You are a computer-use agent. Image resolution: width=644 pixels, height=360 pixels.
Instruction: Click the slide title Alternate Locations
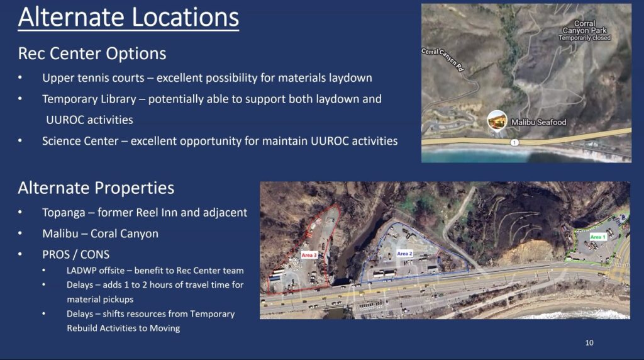128,17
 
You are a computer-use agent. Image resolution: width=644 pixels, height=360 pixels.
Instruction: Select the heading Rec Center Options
92,53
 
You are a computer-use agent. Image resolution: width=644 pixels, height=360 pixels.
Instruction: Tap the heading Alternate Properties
96,188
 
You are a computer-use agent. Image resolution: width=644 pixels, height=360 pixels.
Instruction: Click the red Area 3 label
309,255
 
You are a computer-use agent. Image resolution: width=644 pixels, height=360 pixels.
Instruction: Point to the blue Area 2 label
404,254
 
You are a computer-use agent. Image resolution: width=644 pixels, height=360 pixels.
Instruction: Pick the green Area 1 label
597,237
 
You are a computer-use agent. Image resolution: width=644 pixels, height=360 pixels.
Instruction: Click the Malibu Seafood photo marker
497,120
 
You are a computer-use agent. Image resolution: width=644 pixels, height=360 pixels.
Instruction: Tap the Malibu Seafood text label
538,122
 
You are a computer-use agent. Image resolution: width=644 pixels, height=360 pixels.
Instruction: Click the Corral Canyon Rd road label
443,60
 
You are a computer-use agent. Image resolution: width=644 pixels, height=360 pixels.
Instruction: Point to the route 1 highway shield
514,142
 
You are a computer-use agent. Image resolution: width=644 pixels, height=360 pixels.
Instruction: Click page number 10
589,343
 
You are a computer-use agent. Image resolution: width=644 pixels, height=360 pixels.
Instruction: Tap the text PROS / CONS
76,254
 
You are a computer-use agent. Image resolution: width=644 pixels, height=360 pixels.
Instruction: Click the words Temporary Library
89,99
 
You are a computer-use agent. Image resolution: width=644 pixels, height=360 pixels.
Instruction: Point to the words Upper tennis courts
93,78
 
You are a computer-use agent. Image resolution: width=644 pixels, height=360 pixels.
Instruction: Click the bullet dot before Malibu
20,233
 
